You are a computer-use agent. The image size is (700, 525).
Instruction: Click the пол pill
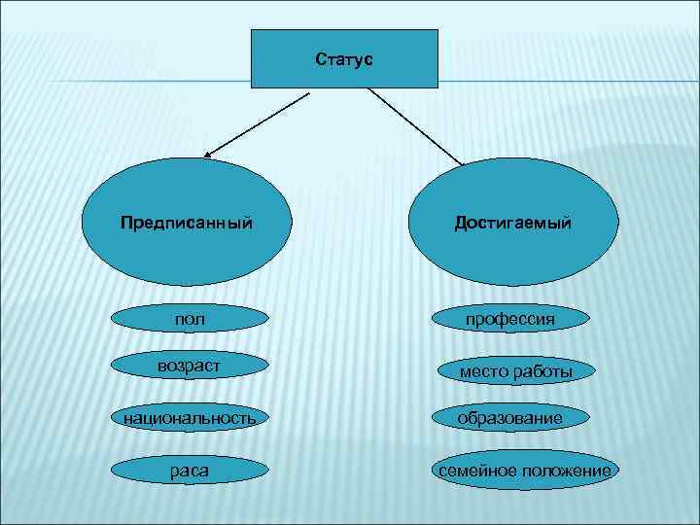189,318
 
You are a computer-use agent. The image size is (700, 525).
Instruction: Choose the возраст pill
189,365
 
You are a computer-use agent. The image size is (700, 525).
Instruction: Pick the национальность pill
188,418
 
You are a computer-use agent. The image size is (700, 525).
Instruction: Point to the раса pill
189,471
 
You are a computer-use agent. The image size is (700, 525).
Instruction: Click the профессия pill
510,318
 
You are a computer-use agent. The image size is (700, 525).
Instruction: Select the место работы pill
514,370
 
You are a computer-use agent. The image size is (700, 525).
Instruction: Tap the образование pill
510,418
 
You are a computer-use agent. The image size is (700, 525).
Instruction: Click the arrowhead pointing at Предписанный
210,153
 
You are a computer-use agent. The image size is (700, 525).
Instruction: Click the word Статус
345,59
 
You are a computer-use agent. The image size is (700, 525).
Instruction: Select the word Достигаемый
513,223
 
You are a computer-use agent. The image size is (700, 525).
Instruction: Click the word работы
545,372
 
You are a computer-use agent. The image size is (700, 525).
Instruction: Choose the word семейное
478,471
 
